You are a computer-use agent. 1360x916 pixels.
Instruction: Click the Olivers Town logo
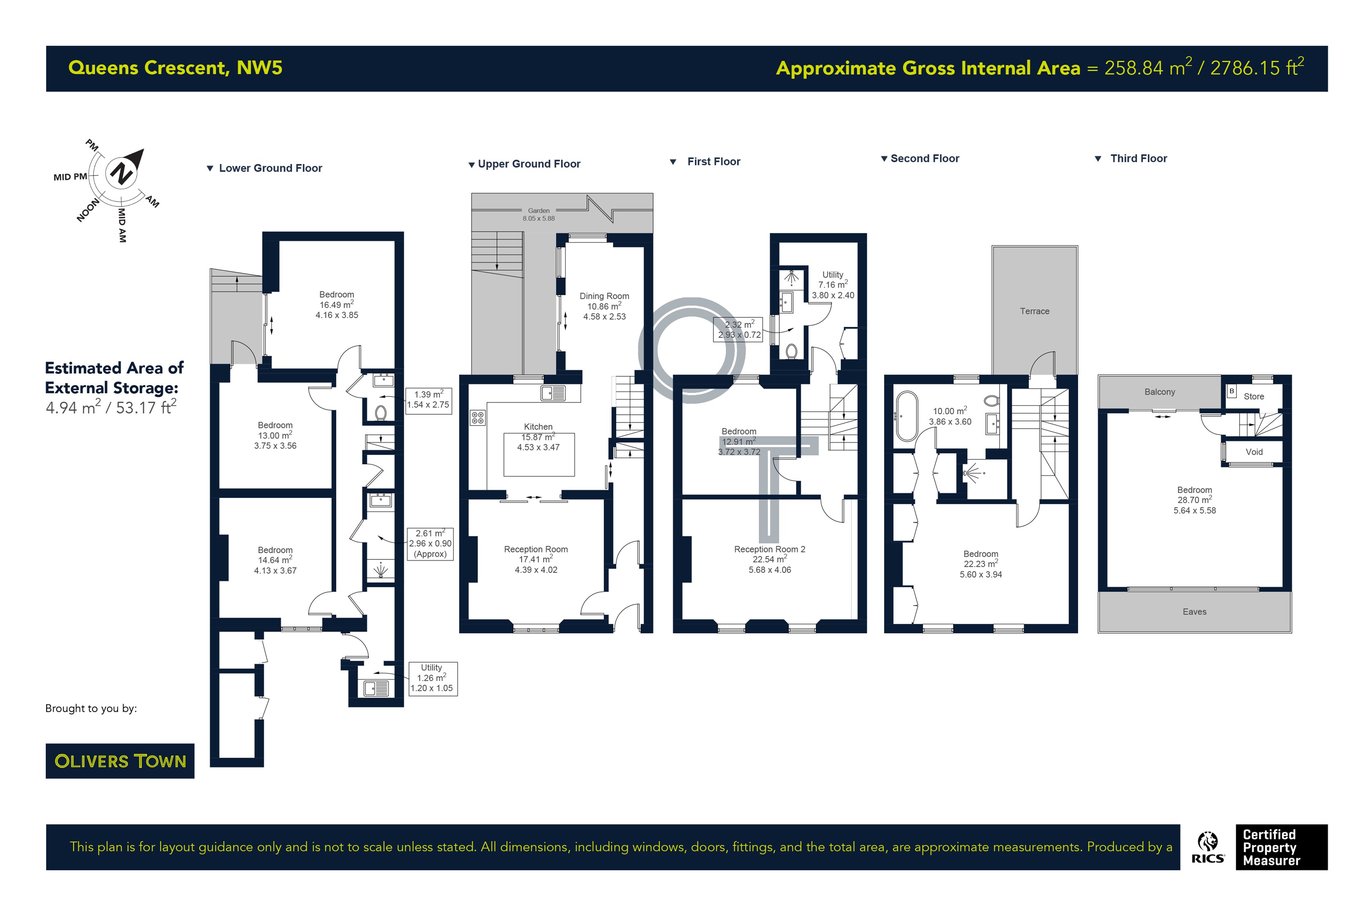click(x=120, y=761)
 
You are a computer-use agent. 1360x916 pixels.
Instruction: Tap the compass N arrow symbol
click(x=124, y=169)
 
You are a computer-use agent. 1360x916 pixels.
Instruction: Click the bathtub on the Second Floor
click(x=906, y=416)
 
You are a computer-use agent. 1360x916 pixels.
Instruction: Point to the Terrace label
click(x=1034, y=311)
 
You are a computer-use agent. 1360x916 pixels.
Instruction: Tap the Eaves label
click(x=1194, y=612)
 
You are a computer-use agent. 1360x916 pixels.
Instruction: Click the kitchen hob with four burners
click(x=478, y=418)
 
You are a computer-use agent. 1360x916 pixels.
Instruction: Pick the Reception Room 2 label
click(x=769, y=549)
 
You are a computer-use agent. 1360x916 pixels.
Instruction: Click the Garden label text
click(x=538, y=210)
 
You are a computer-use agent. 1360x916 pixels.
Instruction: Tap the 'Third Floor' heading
click(x=1138, y=158)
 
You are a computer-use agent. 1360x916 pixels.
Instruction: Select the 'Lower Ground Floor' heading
click(x=270, y=168)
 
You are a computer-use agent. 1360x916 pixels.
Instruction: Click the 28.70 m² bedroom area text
click(x=1194, y=500)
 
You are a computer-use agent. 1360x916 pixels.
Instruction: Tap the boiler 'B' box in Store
click(x=1231, y=391)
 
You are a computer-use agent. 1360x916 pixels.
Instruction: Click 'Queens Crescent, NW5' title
click(x=175, y=68)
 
